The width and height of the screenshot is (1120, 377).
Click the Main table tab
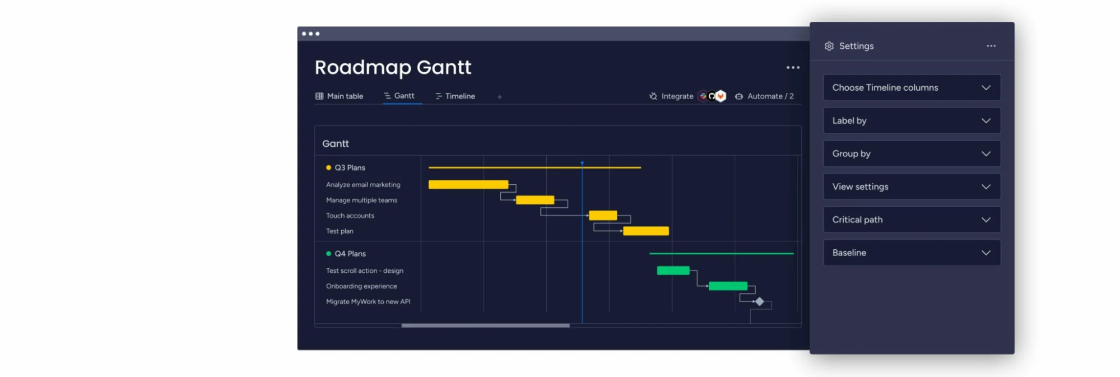click(339, 96)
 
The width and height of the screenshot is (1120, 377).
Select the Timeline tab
click(455, 96)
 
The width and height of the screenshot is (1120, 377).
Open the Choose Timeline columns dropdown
click(912, 87)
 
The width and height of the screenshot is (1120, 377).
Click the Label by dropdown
click(912, 120)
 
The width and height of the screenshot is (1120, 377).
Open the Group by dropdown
click(912, 153)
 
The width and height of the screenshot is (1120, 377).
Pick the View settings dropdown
click(912, 187)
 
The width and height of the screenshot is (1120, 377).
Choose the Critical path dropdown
click(912, 220)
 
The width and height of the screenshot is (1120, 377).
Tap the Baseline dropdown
click(912, 253)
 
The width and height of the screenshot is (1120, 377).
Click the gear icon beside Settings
click(829, 46)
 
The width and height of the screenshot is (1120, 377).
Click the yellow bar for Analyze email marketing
click(468, 184)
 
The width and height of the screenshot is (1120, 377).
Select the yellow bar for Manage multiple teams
click(535, 200)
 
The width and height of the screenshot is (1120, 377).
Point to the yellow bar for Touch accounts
click(603, 215)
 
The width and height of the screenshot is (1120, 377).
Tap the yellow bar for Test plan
click(646, 231)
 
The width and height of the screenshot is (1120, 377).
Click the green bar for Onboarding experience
click(728, 286)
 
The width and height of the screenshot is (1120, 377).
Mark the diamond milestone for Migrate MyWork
click(760, 301)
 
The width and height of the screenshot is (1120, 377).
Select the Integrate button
click(671, 96)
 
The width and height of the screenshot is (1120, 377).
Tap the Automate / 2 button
click(764, 96)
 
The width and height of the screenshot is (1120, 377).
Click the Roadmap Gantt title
click(393, 67)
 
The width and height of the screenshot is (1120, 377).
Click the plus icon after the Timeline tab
click(500, 97)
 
